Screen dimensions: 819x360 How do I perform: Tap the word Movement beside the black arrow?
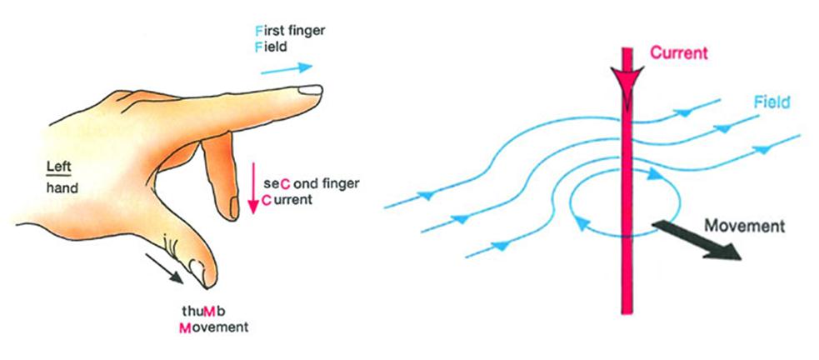point(744,226)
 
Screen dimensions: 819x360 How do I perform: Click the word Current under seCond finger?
point(285,201)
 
